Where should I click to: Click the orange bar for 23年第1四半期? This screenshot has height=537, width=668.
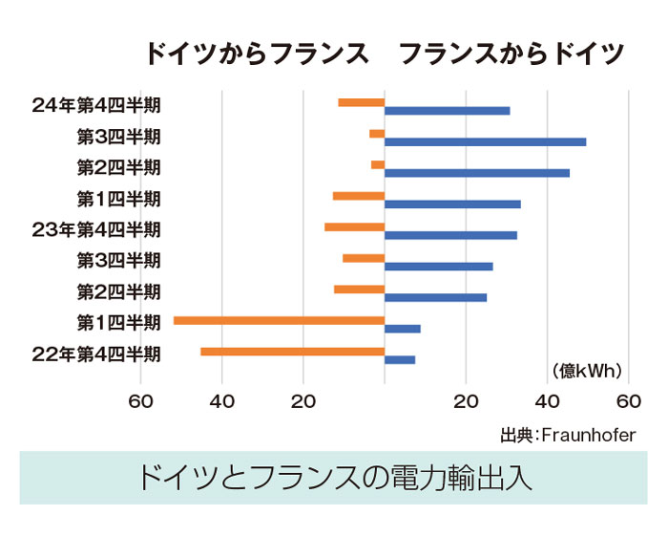pyautogui.click(x=279, y=320)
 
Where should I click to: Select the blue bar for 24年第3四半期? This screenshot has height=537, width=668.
pyautogui.click(x=485, y=141)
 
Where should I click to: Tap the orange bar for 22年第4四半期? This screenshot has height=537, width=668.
pyautogui.click(x=292, y=352)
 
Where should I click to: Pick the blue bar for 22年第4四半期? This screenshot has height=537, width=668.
pyautogui.click(x=400, y=359)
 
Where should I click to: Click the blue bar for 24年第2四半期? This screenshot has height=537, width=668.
pyautogui.click(x=476, y=173)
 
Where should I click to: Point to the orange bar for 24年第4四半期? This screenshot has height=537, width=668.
pyautogui.click(x=361, y=102)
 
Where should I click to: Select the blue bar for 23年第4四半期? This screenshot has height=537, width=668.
pyautogui.click(x=450, y=235)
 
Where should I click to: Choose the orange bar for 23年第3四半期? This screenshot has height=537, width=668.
pyautogui.click(x=364, y=258)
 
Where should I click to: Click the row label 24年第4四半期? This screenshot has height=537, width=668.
pyautogui.click(x=96, y=105)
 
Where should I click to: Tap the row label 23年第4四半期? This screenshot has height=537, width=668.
pyautogui.click(x=96, y=229)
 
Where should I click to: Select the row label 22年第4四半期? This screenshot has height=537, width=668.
pyautogui.click(x=96, y=354)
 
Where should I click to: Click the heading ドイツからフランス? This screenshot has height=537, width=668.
pyautogui.click(x=257, y=54)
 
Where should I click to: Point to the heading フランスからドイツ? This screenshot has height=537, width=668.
pyautogui.click(x=511, y=54)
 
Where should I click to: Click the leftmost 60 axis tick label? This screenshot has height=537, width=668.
pyautogui.click(x=141, y=401)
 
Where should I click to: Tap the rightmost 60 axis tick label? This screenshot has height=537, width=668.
pyautogui.click(x=628, y=401)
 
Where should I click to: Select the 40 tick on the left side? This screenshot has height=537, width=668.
pyautogui.click(x=221, y=401)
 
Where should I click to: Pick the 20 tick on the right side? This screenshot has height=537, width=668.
pyautogui.click(x=466, y=401)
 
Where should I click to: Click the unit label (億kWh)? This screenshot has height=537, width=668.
pyautogui.click(x=587, y=371)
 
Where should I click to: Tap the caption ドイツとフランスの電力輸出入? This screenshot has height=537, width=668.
pyautogui.click(x=333, y=477)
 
